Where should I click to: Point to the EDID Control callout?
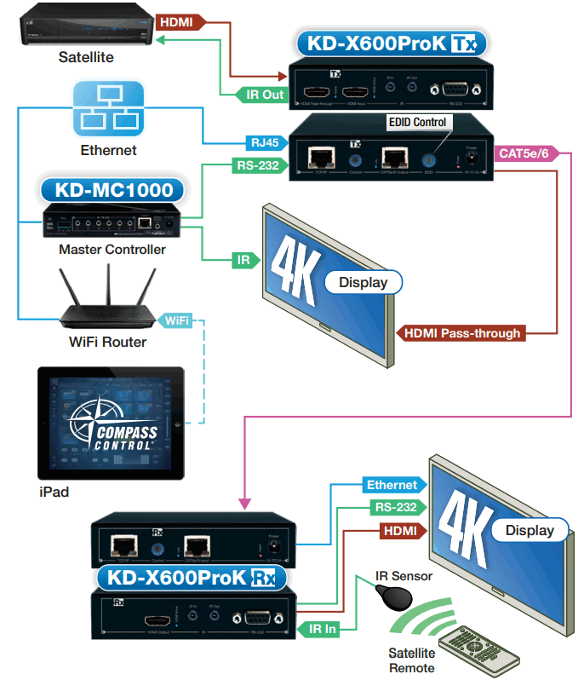click(x=417, y=123)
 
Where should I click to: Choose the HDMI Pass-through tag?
click(x=462, y=333)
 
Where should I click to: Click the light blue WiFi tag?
click(x=175, y=321)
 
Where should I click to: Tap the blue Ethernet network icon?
click(x=108, y=109)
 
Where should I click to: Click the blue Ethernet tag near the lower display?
click(x=391, y=485)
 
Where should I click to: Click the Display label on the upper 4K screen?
click(x=363, y=282)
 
